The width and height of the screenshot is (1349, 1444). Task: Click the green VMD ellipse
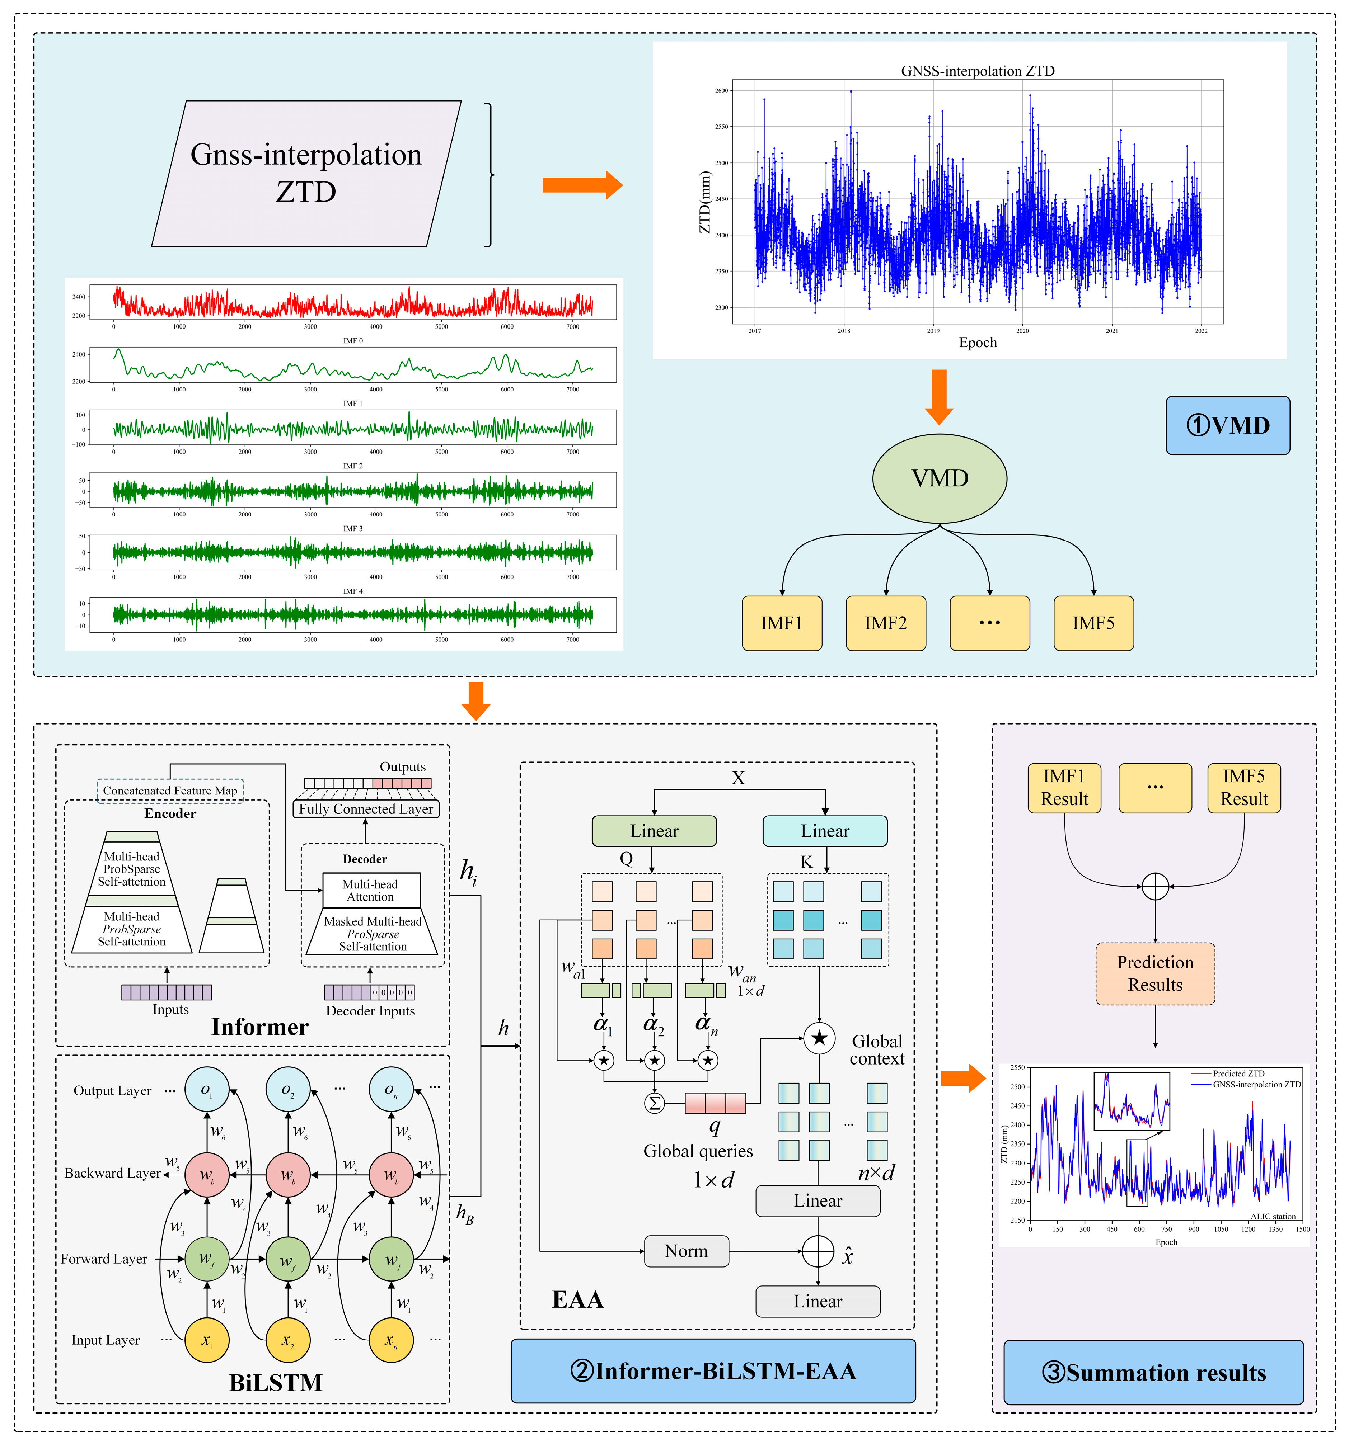[x=939, y=478]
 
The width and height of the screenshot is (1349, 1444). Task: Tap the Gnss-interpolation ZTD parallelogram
[x=306, y=174]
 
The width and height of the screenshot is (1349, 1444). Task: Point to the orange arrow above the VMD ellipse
[x=939, y=396]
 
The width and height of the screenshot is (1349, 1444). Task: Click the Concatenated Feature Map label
[x=170, y=790]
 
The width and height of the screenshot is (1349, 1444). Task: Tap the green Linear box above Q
[x=654, y=831]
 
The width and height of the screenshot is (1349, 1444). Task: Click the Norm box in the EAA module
[x=686, y=1251]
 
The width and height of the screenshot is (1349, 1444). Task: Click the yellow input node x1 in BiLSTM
[x=207, y=1340]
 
